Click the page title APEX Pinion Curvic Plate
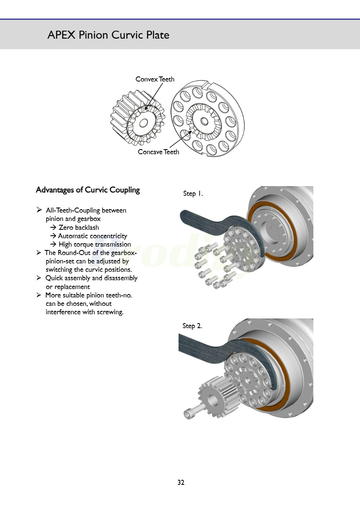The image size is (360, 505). [108, 35]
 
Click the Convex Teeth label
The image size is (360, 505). [155, 79]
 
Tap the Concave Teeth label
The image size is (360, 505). [158, 152]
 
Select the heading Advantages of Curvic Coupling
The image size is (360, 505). [88, 190]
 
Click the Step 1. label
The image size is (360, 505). [193, 194]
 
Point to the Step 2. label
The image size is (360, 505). [192, 326]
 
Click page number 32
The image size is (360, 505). [181, 482]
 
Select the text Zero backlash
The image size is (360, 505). [79, 228]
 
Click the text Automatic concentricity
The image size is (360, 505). [92, 236]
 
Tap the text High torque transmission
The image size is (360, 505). [95, 245]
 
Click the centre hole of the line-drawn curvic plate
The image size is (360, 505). [204, 121]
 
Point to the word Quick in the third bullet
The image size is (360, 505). [54, 278]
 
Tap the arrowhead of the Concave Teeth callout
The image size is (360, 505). [193, 132]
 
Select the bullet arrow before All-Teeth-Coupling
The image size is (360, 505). [39, 210]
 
